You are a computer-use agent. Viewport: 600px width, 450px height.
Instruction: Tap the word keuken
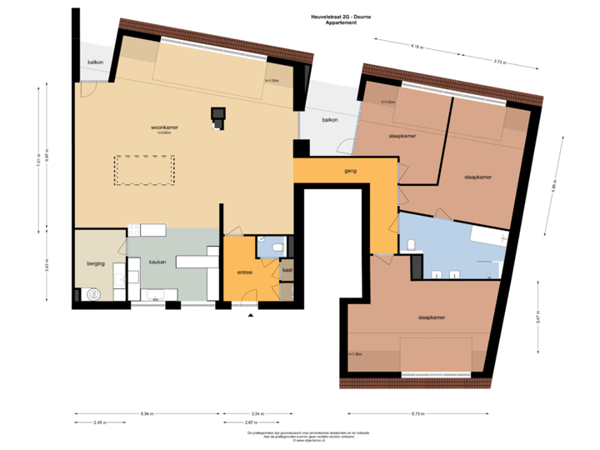pos(157,262)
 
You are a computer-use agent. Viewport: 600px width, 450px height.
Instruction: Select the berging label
pos(96,263)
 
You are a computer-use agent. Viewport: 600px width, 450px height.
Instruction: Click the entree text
pos(245,272)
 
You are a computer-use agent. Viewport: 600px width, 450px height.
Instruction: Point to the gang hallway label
pos(350,172)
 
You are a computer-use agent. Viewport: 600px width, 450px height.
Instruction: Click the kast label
pos(287,270)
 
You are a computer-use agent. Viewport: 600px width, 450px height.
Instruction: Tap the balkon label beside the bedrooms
pos(330,120)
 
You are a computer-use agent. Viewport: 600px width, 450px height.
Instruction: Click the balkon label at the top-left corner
pos(95,63)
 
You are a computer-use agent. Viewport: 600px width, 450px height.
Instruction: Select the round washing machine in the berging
pos(90,294)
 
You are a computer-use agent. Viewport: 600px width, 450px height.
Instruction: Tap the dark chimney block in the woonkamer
pos(218,117)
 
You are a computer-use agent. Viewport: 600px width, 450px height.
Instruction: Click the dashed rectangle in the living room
pos(144,170)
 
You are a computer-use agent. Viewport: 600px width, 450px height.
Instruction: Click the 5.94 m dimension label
pos(147,414)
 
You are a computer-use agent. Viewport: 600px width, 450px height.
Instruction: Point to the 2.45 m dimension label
pos(99,422)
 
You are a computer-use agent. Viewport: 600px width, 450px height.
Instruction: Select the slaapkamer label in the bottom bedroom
pos(431,318)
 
